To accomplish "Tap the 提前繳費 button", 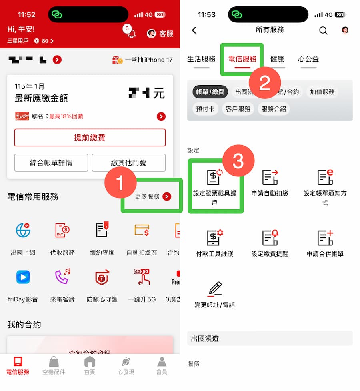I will click(x=90, y=138).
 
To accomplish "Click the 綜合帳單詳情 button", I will click(x=51, y=162).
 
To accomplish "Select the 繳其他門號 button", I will click(x=128, y=162).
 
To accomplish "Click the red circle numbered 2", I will click(x=265, y=83).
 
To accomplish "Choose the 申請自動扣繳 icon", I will click(x=270, y=178).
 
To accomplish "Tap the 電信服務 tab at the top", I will click(x=242, y=59).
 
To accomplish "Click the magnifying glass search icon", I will click(x=323, y=30).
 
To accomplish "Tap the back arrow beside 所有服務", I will click(x=194, y=30).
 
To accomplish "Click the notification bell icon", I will click(x=131, y=34).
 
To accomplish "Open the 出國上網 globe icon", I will click(x=23, y=231).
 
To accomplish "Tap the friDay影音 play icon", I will click(x=23, y=277).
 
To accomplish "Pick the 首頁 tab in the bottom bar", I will click(x=90, y=365).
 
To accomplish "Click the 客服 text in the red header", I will click(x=166, y=34).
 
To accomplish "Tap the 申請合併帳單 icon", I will click(x=325, y=238).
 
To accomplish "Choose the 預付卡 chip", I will click(x=205, y=109).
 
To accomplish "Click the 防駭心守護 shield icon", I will click(x=102, y=277).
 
